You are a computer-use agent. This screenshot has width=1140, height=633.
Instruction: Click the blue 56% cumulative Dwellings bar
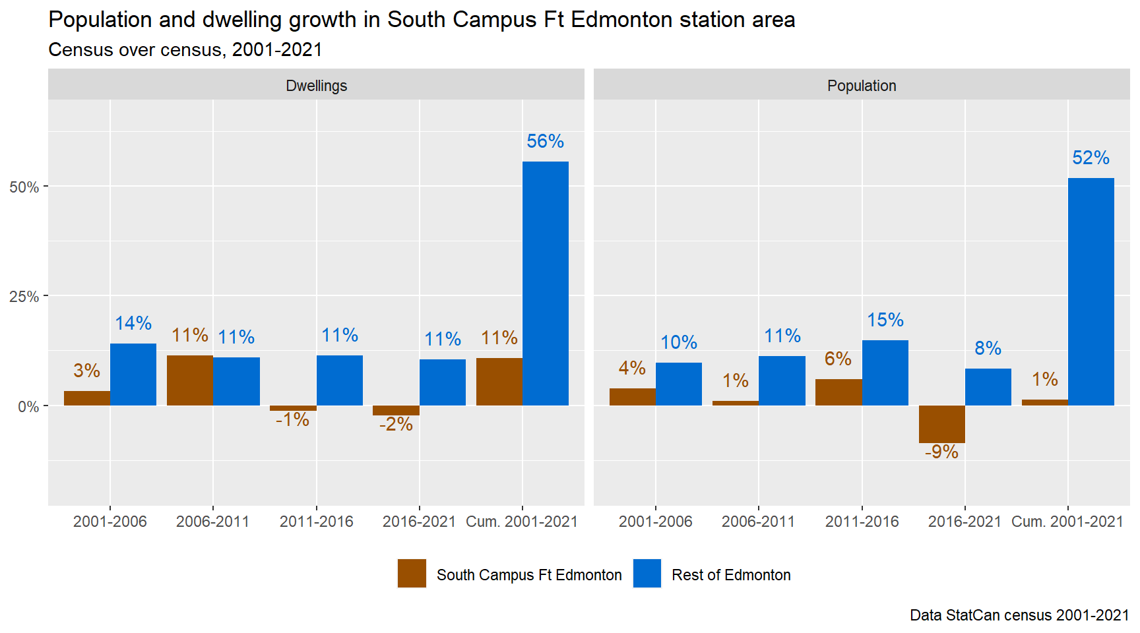546,284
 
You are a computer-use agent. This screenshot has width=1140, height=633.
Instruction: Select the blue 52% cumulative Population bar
1091,291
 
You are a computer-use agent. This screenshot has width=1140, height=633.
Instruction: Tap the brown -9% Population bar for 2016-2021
941,424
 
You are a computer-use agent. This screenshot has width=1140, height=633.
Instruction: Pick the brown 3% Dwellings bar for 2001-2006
87,398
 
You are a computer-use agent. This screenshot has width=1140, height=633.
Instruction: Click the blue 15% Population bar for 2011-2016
885,373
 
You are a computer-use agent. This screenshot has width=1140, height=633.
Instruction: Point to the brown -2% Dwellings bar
396,410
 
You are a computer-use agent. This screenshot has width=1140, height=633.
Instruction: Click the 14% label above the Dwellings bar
133,323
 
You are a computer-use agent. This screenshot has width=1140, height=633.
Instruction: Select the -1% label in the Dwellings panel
292,419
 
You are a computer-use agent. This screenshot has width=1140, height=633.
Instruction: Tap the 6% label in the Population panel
838,359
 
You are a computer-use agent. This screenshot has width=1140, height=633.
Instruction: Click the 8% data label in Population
988,348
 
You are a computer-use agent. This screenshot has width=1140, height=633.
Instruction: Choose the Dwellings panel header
316,86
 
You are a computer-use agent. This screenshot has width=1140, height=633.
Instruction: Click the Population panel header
862,86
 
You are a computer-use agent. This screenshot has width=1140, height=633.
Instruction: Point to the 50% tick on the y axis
24,187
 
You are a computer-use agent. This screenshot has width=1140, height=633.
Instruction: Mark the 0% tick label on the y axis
28,407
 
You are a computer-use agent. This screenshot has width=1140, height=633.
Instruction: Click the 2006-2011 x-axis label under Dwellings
212,522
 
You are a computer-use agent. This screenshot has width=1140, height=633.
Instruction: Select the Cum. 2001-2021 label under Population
1067,522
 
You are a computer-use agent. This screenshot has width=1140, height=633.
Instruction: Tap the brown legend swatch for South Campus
412,574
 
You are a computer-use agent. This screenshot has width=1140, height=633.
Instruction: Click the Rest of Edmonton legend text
731,575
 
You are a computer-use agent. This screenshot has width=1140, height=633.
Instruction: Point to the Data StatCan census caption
1019,615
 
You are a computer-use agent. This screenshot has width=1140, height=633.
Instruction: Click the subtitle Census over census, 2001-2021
185,50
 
